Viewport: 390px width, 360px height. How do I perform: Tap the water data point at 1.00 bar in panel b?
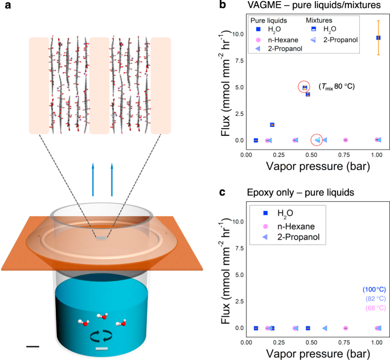[378, 38]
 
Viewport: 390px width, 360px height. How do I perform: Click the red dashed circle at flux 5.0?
[305, 87]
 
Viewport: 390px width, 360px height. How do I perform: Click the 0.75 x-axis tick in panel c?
[345, 341]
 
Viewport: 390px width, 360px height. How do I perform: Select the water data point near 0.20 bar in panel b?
[272, 125]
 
